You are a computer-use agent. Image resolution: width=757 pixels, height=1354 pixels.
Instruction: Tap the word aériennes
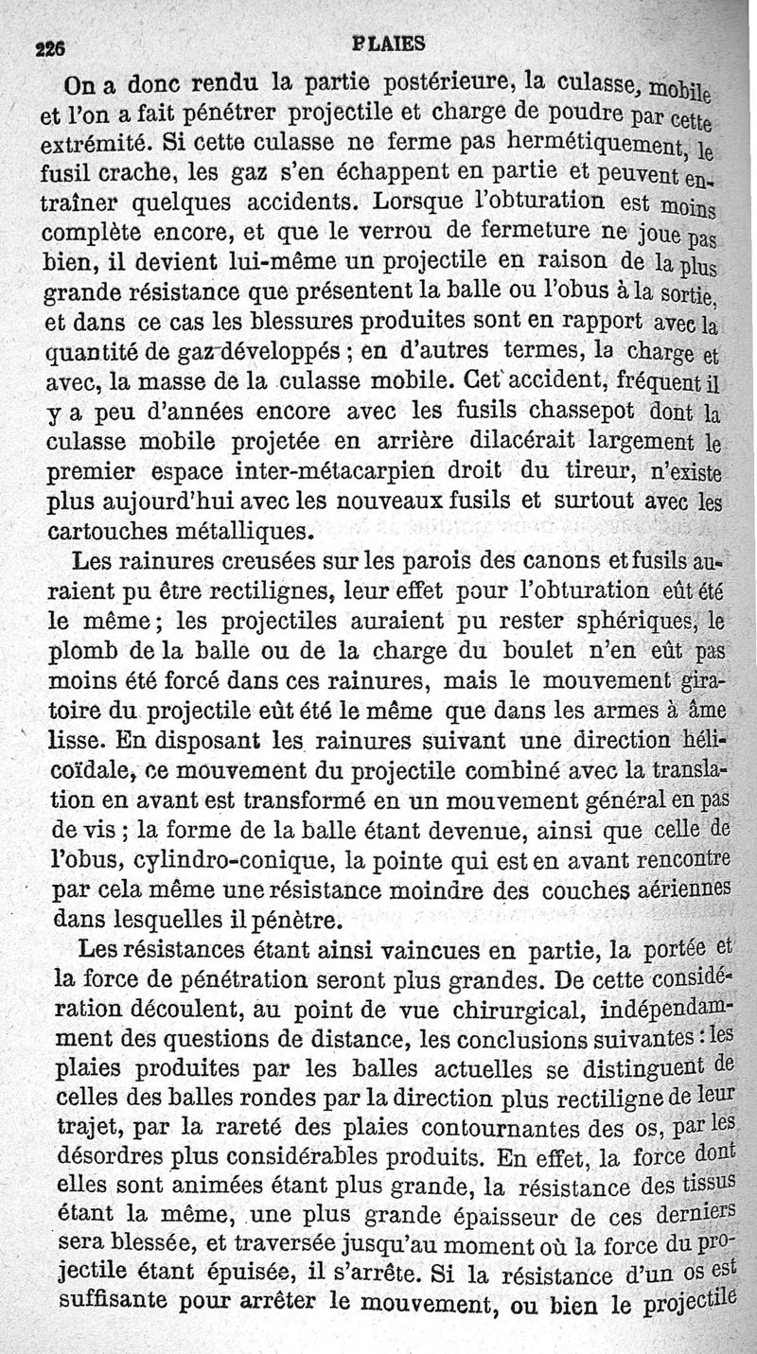point(676,889)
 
